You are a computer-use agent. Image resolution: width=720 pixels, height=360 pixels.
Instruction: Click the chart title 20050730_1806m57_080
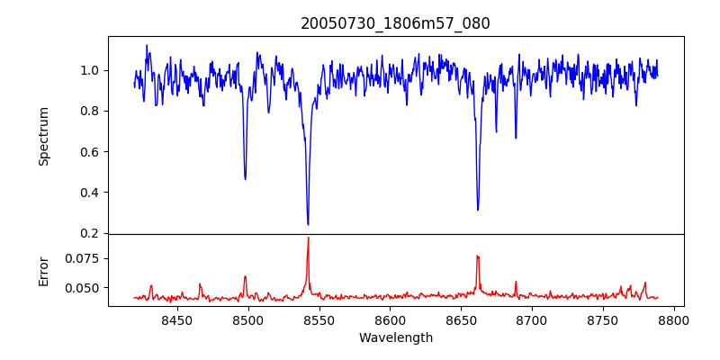(x=395, y=24)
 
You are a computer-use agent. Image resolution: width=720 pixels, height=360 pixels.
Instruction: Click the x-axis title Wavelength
(x=395, y=338)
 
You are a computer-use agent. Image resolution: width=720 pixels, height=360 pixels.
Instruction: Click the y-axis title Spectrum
(x=43, y=136)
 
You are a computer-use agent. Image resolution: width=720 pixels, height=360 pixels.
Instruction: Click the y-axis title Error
(x=43, y=271)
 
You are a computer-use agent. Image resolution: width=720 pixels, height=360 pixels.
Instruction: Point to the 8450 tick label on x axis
(x=176, y=319)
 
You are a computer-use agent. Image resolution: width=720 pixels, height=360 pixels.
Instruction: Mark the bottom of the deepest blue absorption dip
(x=308, y=224)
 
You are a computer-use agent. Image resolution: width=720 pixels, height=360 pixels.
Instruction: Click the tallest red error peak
(x=308, y=238)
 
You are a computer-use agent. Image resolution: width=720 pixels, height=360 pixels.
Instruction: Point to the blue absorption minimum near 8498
(x=245, y=179)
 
